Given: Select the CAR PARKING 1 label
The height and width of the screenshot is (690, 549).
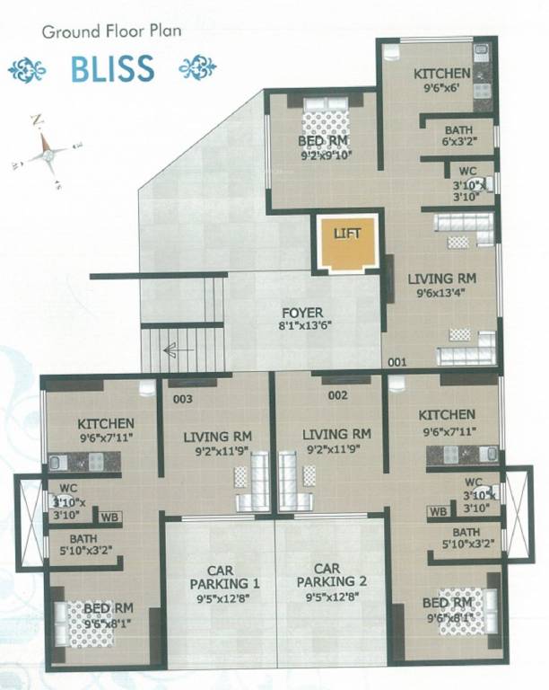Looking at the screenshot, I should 219,576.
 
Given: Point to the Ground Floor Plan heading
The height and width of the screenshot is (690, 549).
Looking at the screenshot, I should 111,31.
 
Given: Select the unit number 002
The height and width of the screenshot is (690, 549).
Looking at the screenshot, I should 337,394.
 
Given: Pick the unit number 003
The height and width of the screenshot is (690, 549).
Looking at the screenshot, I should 183,396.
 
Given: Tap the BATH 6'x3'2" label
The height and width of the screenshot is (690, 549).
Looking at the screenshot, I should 457,135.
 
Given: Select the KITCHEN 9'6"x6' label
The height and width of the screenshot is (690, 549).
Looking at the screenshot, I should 441,81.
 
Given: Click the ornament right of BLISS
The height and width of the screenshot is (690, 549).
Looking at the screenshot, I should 197,69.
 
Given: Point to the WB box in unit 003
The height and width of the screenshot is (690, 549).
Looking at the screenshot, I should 109,517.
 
